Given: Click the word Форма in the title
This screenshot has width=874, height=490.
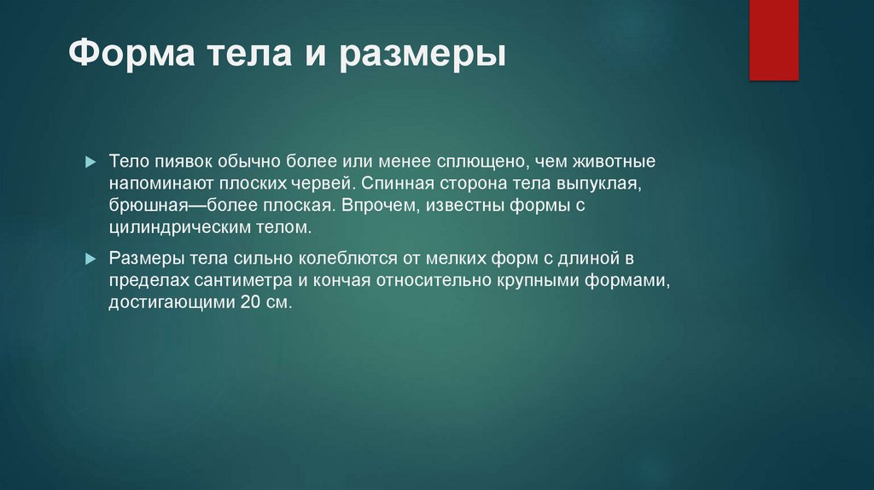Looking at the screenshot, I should (128, 56).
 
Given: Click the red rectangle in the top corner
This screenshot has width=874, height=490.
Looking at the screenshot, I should (773, 39).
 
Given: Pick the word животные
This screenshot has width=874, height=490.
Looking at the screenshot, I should (613, 161).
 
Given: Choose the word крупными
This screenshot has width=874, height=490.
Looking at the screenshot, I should (536, 280).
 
